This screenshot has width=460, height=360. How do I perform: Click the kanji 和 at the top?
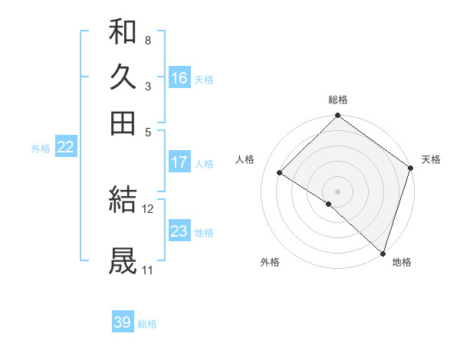[123, 31]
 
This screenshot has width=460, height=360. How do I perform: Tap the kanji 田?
[123, 123]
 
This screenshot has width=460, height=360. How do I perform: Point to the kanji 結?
[123, 200]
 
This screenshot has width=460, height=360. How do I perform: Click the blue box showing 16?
[179, 78]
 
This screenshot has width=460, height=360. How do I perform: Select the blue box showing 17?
[179, 162]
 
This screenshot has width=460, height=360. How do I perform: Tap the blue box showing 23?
[179, 231]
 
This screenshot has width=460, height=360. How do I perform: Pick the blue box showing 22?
[65, 148]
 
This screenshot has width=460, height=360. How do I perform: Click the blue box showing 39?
[123, 322]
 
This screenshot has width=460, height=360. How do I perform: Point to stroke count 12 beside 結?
[148, 208]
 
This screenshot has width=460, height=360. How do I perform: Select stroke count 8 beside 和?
[147, 39]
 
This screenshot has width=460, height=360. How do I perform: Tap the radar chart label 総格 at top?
[338, 100]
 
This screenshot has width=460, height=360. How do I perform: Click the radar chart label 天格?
[431, 159]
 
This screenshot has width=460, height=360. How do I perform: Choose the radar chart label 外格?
[270, 262]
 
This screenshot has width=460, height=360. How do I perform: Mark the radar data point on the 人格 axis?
[280, 173]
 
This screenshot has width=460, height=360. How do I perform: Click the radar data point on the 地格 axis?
[383, 253]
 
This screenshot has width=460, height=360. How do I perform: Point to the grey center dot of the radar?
[338, 191]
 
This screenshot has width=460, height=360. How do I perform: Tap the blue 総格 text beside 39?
[147, 324]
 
